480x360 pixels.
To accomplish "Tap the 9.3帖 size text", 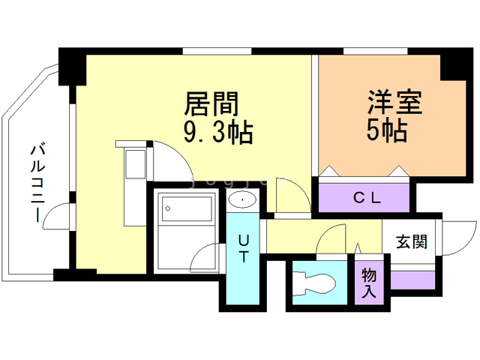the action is click(218, 133).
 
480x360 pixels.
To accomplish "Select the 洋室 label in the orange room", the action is click(395, 102).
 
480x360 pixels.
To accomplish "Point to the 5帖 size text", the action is click(387, 130).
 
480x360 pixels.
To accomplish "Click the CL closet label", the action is click(367, 198).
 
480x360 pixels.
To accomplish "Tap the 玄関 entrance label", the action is click(412, 241).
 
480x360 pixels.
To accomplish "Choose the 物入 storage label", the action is click(369, 283).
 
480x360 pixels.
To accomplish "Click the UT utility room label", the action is click(243, 248).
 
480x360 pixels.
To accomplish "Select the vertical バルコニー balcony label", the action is click(37, 183).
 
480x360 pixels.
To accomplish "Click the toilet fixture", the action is click(313, 283).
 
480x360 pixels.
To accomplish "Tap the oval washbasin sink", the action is click(242, 200).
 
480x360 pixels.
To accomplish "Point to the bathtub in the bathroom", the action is click(187, 208).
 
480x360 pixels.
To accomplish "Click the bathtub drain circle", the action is click(167, 208).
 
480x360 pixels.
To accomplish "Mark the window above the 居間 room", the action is click(217, 51).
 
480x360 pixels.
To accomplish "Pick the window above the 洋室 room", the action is click(375, 51).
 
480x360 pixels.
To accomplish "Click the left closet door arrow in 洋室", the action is click(329, 171).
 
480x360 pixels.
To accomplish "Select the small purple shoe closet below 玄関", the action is click(412, 280).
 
